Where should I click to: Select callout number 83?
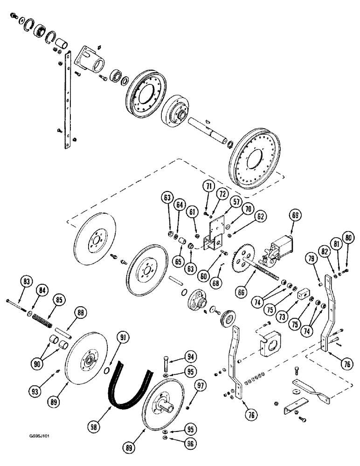point(27,281)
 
